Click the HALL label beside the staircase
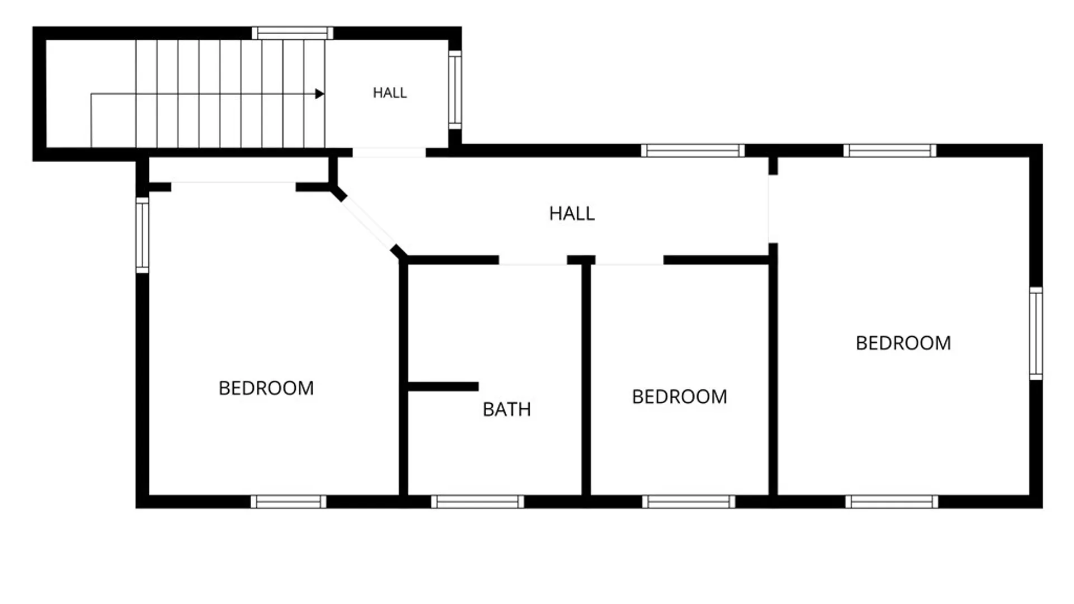pyautogui.click(x=390, y=93)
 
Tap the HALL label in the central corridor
pyautogui.click(x=572, y=214)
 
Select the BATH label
pyautogui.click(x=507, y=409)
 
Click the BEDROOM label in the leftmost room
pyautogui.click(x=266, y=388)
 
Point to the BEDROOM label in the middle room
pyautogui.click(x=680, y=397)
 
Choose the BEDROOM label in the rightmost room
pyautogui.click(x=903, y=343)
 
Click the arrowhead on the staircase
pyautogui.click(x=319, y=94)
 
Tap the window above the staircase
pyautogui.click(x=293, y=33)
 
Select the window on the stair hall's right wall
pyautogui.click(x=455, y=90)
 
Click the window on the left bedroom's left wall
pyautogui.click(x=143, y=235)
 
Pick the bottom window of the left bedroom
pyautogui.click(x=289, y=502)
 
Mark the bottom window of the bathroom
pyautogui.click(x=478, y=502)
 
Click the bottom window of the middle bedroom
pyautogui.click(x=689, y=502)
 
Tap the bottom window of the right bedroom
pyautogui.click(x=892, y=502)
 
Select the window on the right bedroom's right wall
pyautogui.click(x=1036, y=334)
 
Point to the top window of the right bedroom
pyautogui.click(x=890, y=150)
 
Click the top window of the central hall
pyautogui.click(x=693, y=150)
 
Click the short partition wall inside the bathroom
pyautogui.click(x=443, y=386)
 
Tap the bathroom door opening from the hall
pyautogui.click(x=533, y=260)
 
